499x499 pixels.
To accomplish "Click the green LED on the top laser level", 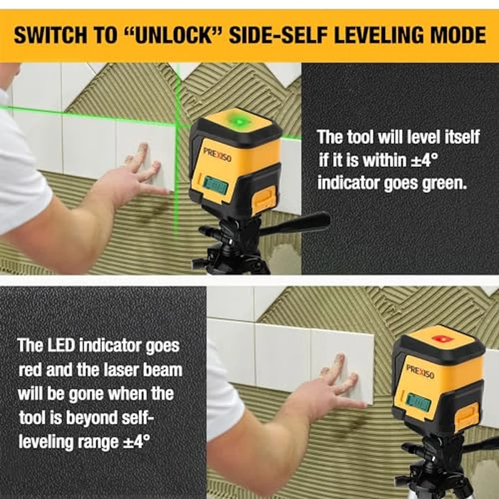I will point(240,122).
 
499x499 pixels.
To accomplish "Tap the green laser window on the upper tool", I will point(213,186).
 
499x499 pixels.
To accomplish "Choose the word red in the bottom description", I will point(32,369).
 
